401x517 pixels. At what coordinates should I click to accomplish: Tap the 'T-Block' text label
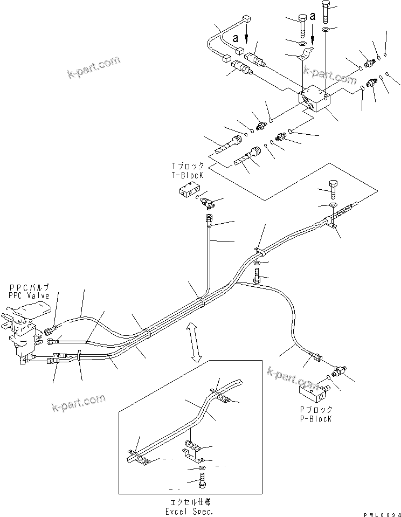point(188,175)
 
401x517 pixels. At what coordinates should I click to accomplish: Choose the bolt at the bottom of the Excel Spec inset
point(201,483)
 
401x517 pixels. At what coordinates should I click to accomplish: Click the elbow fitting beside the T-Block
point(207,203)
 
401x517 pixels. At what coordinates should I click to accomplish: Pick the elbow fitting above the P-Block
point(337,371)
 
